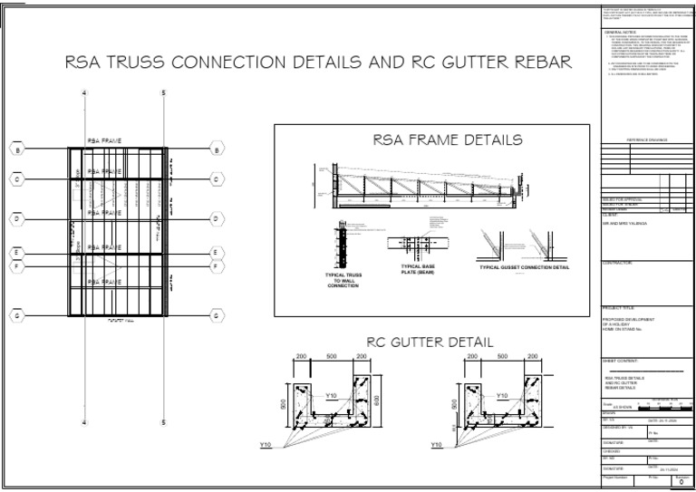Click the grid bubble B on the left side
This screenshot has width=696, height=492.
(x=16, y=150)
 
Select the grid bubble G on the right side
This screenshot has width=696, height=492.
(x=217, y=316)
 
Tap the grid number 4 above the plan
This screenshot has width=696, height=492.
(x=84, y=94)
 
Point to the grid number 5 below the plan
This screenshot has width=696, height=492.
(x=164, y=423)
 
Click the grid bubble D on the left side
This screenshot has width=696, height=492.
(x=16, y=218)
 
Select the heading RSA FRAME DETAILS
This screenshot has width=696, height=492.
(x=447, y=140)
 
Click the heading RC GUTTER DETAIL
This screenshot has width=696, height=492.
(x=430, y=342)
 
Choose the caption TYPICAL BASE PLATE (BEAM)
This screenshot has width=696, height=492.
(x=418, y=269)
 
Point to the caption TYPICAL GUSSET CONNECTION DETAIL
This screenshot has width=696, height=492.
(x=524, y=267)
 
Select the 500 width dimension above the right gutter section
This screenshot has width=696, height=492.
(x=502, y=357)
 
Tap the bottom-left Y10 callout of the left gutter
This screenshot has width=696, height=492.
(x=266, y=445)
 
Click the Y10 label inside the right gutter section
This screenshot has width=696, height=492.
(x=501, y=396)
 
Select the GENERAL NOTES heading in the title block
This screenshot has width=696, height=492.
(x=621, y=32)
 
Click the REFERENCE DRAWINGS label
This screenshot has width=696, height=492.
(x=646, y=140)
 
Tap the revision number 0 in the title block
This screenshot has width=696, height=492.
(x=681, y=484)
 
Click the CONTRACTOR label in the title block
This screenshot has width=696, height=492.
(x=619, y=263)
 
